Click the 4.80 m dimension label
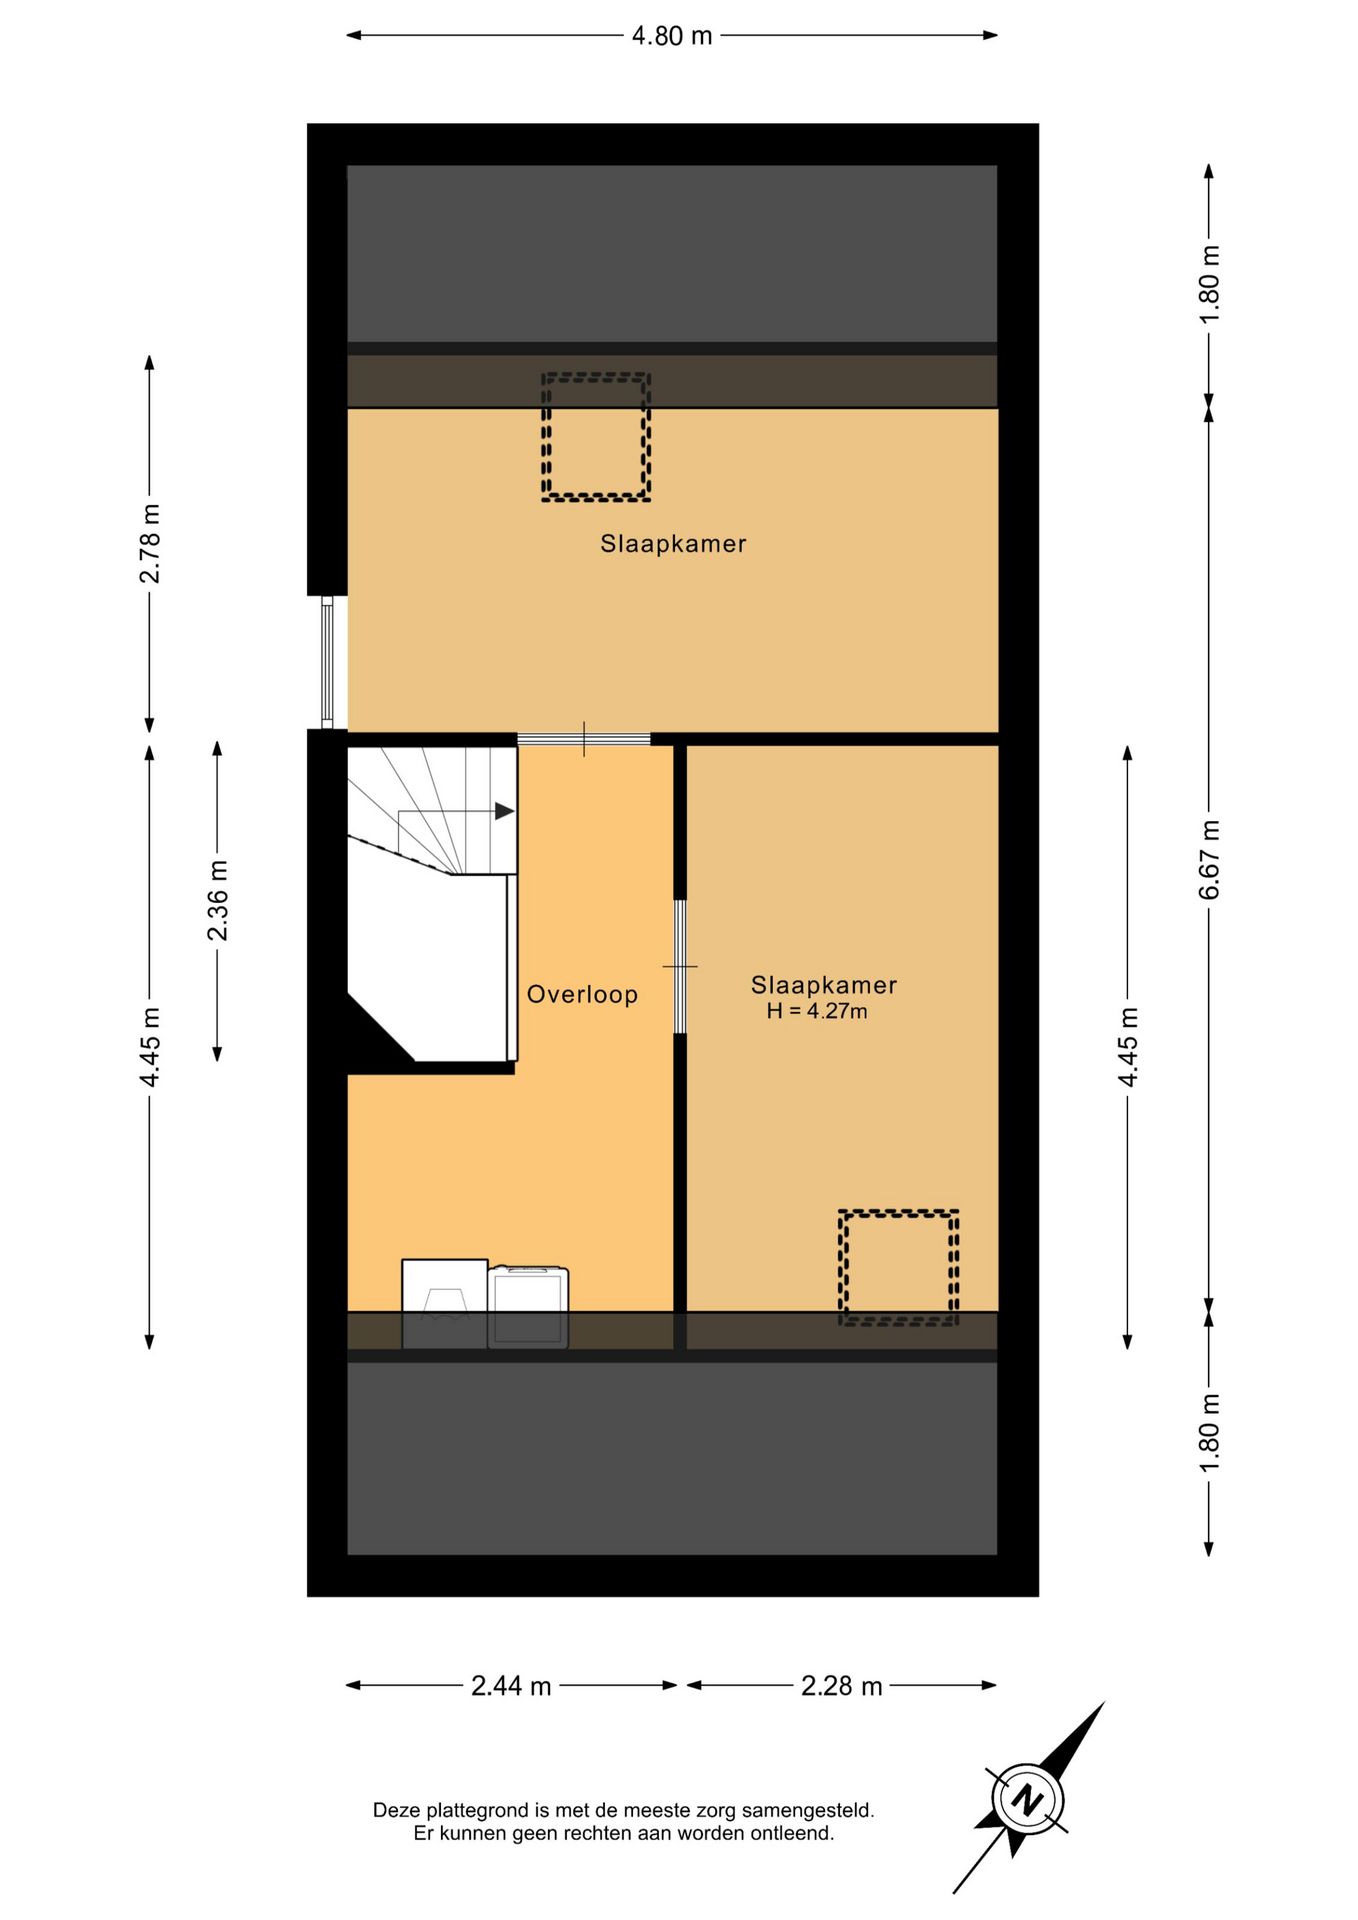[672, 36]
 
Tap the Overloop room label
[583, 995]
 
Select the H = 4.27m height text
[817, 1011]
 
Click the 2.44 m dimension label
[511, 1686]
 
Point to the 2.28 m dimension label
[841, 1686]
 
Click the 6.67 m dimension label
[1210, 859]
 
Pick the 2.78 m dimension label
[150, 543]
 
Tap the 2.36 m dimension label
[218, 900]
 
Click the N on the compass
[1027, 1800]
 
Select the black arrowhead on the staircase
[505, 811]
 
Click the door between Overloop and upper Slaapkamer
[584, 739]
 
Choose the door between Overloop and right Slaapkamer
[680, 967]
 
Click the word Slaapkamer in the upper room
[673, 544]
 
